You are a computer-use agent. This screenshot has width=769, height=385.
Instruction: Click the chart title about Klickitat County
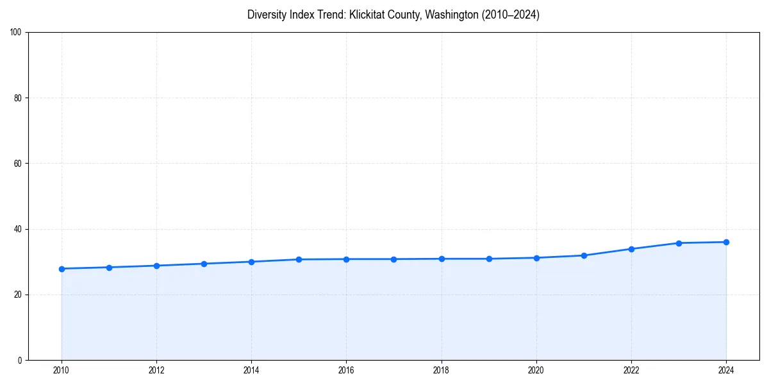point(393,15)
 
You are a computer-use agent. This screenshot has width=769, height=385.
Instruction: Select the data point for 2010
point(62,269)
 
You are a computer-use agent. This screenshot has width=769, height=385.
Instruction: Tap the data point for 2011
point(109,268)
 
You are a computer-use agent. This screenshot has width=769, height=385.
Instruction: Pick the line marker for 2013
point(204,264)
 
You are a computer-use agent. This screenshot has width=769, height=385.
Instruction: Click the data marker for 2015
point(299,259)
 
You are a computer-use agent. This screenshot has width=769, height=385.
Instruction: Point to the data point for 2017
point(393,259)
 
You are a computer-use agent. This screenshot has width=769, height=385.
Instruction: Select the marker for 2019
point(489,259)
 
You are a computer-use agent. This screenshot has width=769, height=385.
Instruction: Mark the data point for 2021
point(584,255)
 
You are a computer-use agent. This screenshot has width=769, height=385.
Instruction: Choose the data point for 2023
point(679,243)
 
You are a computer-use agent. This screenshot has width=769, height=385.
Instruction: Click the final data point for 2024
point(726,242)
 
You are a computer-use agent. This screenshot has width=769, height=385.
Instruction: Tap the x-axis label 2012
point(156,370)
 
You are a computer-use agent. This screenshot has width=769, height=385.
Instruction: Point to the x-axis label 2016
point(346,370)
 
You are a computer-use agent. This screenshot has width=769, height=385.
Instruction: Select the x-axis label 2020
point(536,370)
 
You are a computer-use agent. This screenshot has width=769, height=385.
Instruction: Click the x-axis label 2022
point(631,370)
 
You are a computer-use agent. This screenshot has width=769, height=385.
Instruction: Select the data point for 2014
point(251,262)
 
